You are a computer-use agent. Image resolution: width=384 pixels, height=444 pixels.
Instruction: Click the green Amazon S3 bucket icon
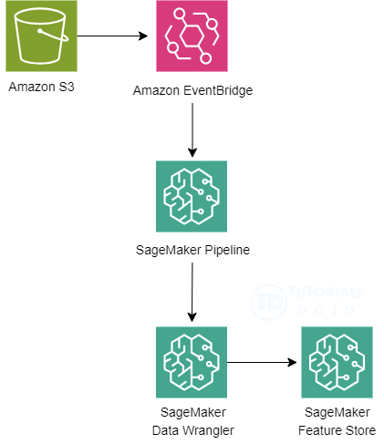pyautogui.click(x=41, y=36)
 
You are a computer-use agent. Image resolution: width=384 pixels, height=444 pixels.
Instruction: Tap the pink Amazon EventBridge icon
pyautogui.click(x=192, y=36)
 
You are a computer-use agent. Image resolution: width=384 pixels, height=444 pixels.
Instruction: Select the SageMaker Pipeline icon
pyautogui.click(x=192, y=196)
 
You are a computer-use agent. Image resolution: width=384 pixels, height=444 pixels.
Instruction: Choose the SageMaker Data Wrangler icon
pyautogui.click(x=192, y=362)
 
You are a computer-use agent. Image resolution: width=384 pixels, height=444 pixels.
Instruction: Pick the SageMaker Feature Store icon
pyautogui.click(x=337, y=362)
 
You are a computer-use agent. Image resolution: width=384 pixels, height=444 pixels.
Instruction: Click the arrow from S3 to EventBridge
pyautogui.click(x=112, y=36)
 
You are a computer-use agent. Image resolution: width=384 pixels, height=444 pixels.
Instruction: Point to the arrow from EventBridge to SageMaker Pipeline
pyautogui.click(x=192, y=130)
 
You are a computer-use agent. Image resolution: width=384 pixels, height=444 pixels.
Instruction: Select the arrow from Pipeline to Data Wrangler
pyautogui.click(x=192, y=293)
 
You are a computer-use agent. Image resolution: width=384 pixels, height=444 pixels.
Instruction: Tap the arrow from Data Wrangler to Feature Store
pyautogui.click(x=262, y=362)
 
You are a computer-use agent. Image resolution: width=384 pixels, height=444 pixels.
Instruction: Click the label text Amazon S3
pyautogui.click(x=41, y=87)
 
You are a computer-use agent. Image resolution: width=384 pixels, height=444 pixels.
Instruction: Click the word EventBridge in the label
pyautogui.click(x=218, y=90)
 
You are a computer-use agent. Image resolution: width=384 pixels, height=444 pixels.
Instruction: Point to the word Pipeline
pyautogui.click(x=227, y=250)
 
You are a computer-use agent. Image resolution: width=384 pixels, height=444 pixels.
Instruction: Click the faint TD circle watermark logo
pyautogui.click(x=269, y=302)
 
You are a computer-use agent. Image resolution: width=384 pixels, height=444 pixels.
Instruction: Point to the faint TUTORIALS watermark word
pyautogui.click(x=326, y=292)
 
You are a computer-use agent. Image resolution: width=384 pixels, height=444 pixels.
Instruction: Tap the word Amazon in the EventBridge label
pyautogui.click(x=156, y=90)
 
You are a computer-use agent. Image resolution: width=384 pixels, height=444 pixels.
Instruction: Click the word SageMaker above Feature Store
pyautogui.click(x=337, y=412)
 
